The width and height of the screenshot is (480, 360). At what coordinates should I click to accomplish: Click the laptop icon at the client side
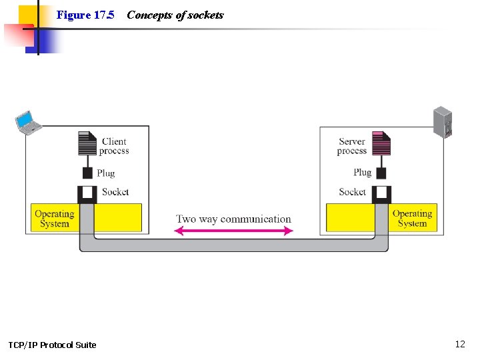point(28,122)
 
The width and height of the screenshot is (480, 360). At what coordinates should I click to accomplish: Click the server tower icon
point(443,122)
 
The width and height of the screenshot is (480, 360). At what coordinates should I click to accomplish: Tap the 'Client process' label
point(115,146)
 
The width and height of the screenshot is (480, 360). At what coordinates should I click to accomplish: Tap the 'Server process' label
point(352,146)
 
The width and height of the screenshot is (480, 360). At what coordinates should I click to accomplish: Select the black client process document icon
point(87,143)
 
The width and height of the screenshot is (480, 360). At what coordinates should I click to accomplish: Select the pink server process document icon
point(381,143)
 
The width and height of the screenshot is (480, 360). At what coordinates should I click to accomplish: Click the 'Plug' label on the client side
point(106,173)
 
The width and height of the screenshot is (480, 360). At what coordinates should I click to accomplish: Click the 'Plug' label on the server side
point(363,173)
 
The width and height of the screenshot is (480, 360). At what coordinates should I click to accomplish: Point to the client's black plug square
point(87,173)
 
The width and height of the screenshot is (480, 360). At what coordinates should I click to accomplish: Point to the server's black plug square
point(381,173)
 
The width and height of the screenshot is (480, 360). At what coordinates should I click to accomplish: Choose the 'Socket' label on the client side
point(115,192)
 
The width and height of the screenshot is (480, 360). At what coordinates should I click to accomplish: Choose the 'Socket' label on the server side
point(353,192)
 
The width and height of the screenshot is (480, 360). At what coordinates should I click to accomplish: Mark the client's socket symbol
point(87,194)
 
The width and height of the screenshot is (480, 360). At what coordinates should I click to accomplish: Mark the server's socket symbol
point(381,194)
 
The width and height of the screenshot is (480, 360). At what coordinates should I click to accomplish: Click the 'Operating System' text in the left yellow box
point(54,219)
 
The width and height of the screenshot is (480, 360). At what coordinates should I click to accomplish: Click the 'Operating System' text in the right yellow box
point(412,219)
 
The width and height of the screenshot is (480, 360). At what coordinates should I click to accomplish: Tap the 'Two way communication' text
point(233,219)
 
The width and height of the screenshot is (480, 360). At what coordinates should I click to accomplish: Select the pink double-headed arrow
point(233,231)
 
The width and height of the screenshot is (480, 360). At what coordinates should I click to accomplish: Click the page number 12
point(460,344)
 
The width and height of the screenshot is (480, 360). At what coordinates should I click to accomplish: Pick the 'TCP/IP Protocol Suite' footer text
point(52,345)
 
